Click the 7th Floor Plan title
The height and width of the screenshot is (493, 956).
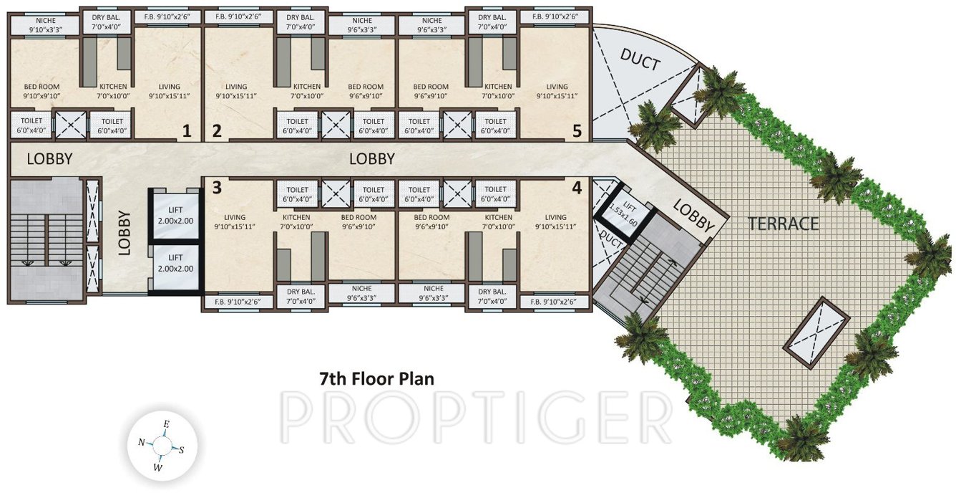[376, 378]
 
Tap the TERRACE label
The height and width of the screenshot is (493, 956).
[783, 223]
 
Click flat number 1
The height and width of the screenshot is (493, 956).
[187, 131]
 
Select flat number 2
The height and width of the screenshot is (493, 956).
[216, 131]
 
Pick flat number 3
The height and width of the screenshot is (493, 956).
[216, 188]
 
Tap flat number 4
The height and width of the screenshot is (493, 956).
[576, 188]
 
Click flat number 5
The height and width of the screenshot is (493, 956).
[577, 131]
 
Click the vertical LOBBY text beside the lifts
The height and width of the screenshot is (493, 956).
[124, 232]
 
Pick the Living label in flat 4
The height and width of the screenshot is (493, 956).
[555, 221]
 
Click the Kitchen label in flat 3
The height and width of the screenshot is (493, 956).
[296, 221]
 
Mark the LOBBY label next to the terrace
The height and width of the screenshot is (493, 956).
[694, 215]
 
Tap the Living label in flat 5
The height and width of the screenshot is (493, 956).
[557, 91]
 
